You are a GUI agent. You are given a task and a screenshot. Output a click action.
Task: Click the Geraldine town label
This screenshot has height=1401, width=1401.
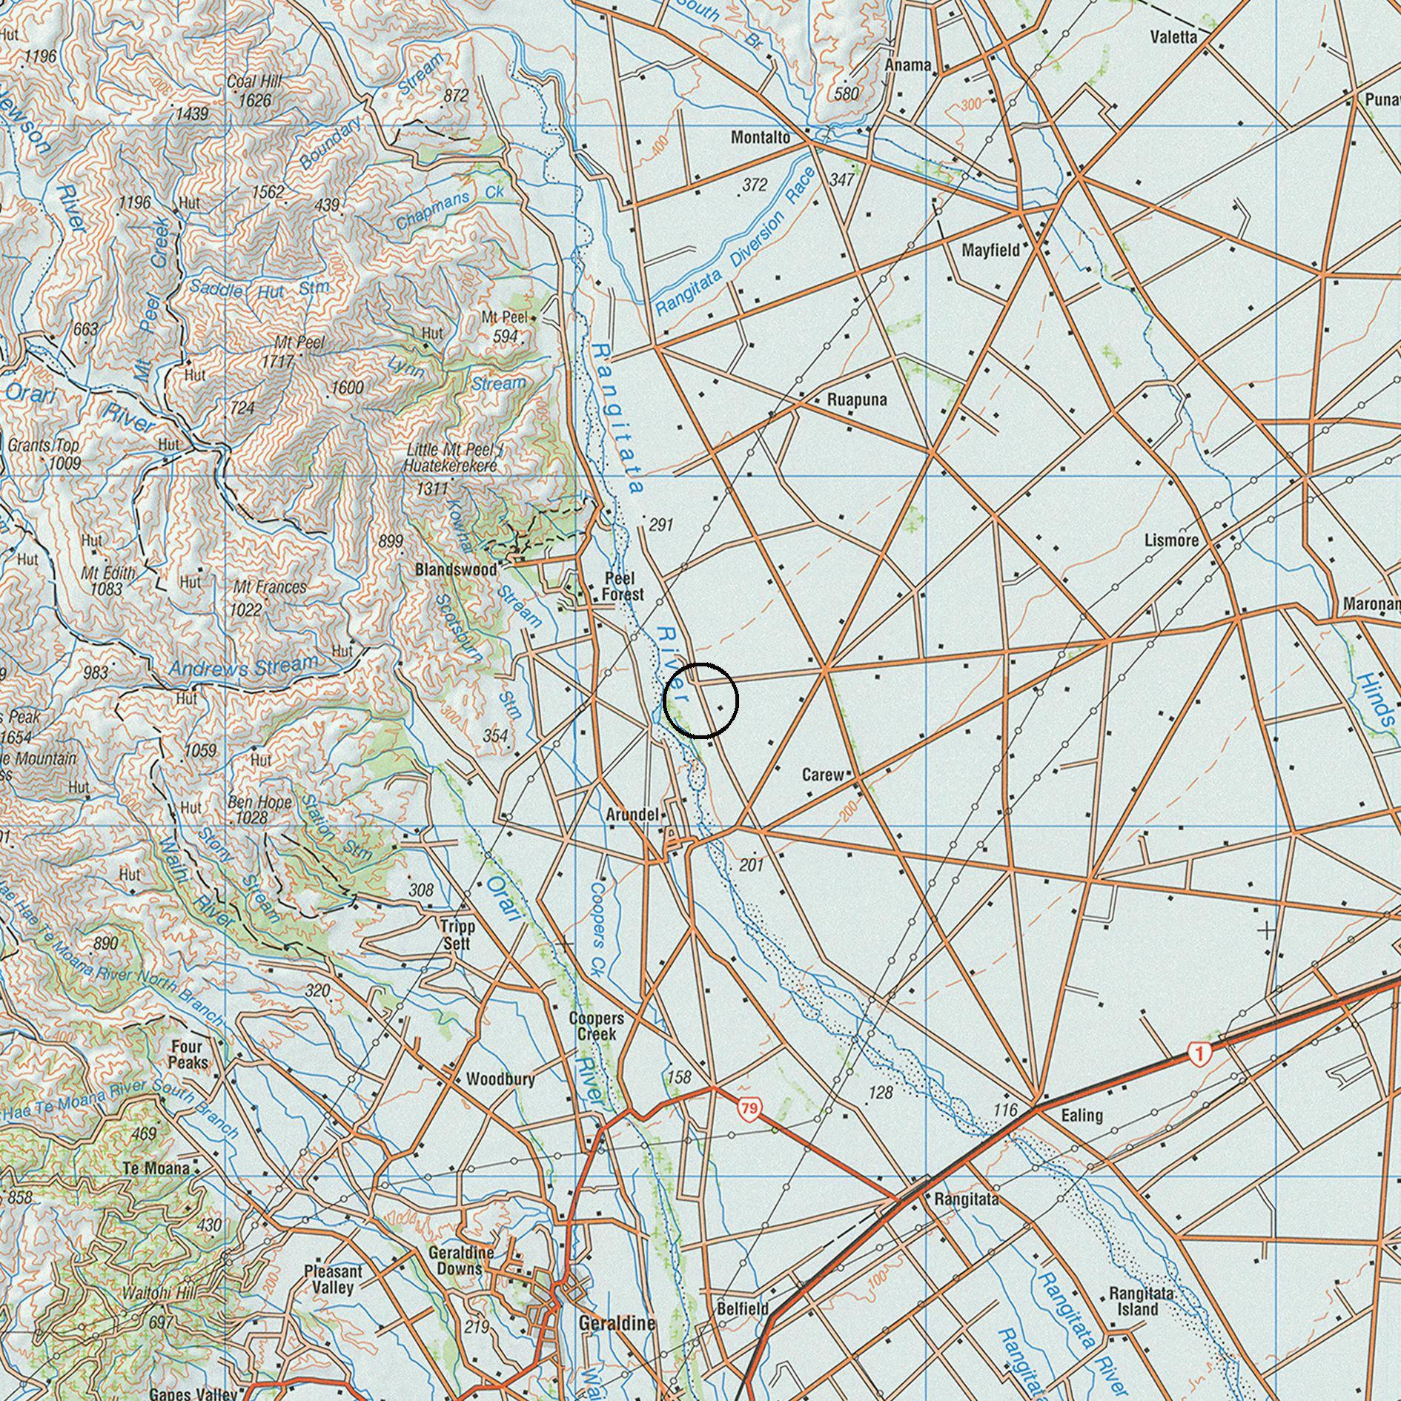click(617, 1323)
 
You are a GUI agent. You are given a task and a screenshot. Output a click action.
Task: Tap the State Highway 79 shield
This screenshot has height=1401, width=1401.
click(749, 1109)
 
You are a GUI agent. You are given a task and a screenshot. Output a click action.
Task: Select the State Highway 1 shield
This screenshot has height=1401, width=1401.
click(1199, 1053)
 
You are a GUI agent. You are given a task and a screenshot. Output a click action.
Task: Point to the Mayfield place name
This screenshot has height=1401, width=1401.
click(990, 250)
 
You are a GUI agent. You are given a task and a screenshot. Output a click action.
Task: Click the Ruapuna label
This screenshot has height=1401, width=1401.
click(857, 400)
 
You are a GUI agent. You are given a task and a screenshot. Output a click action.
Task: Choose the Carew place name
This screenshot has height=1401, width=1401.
click(823, 775)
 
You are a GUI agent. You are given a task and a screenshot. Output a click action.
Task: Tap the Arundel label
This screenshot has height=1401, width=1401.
click(632, 815)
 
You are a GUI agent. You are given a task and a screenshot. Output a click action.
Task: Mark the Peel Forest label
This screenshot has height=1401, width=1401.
click(623, 586)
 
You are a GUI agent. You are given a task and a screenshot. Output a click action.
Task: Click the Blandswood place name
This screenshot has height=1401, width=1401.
click(456, 570)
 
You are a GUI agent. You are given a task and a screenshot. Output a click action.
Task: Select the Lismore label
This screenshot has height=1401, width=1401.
click(1171, 540)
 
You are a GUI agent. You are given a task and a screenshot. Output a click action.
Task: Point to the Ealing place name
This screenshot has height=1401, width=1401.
click(1082, 1115)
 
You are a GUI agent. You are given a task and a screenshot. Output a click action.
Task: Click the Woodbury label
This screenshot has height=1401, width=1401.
click(500, 1079)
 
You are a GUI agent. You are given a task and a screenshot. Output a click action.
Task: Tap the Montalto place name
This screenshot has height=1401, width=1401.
click(760, 138)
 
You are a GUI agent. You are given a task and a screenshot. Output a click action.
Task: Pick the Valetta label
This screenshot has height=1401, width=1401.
click(1173, 37)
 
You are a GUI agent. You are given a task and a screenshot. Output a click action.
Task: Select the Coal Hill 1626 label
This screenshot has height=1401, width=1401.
click(249, 90)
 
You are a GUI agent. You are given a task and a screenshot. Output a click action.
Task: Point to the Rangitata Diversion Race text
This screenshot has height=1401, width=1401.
click(734, 245)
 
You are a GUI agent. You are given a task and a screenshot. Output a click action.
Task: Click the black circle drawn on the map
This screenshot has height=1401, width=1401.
click(700, 700)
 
